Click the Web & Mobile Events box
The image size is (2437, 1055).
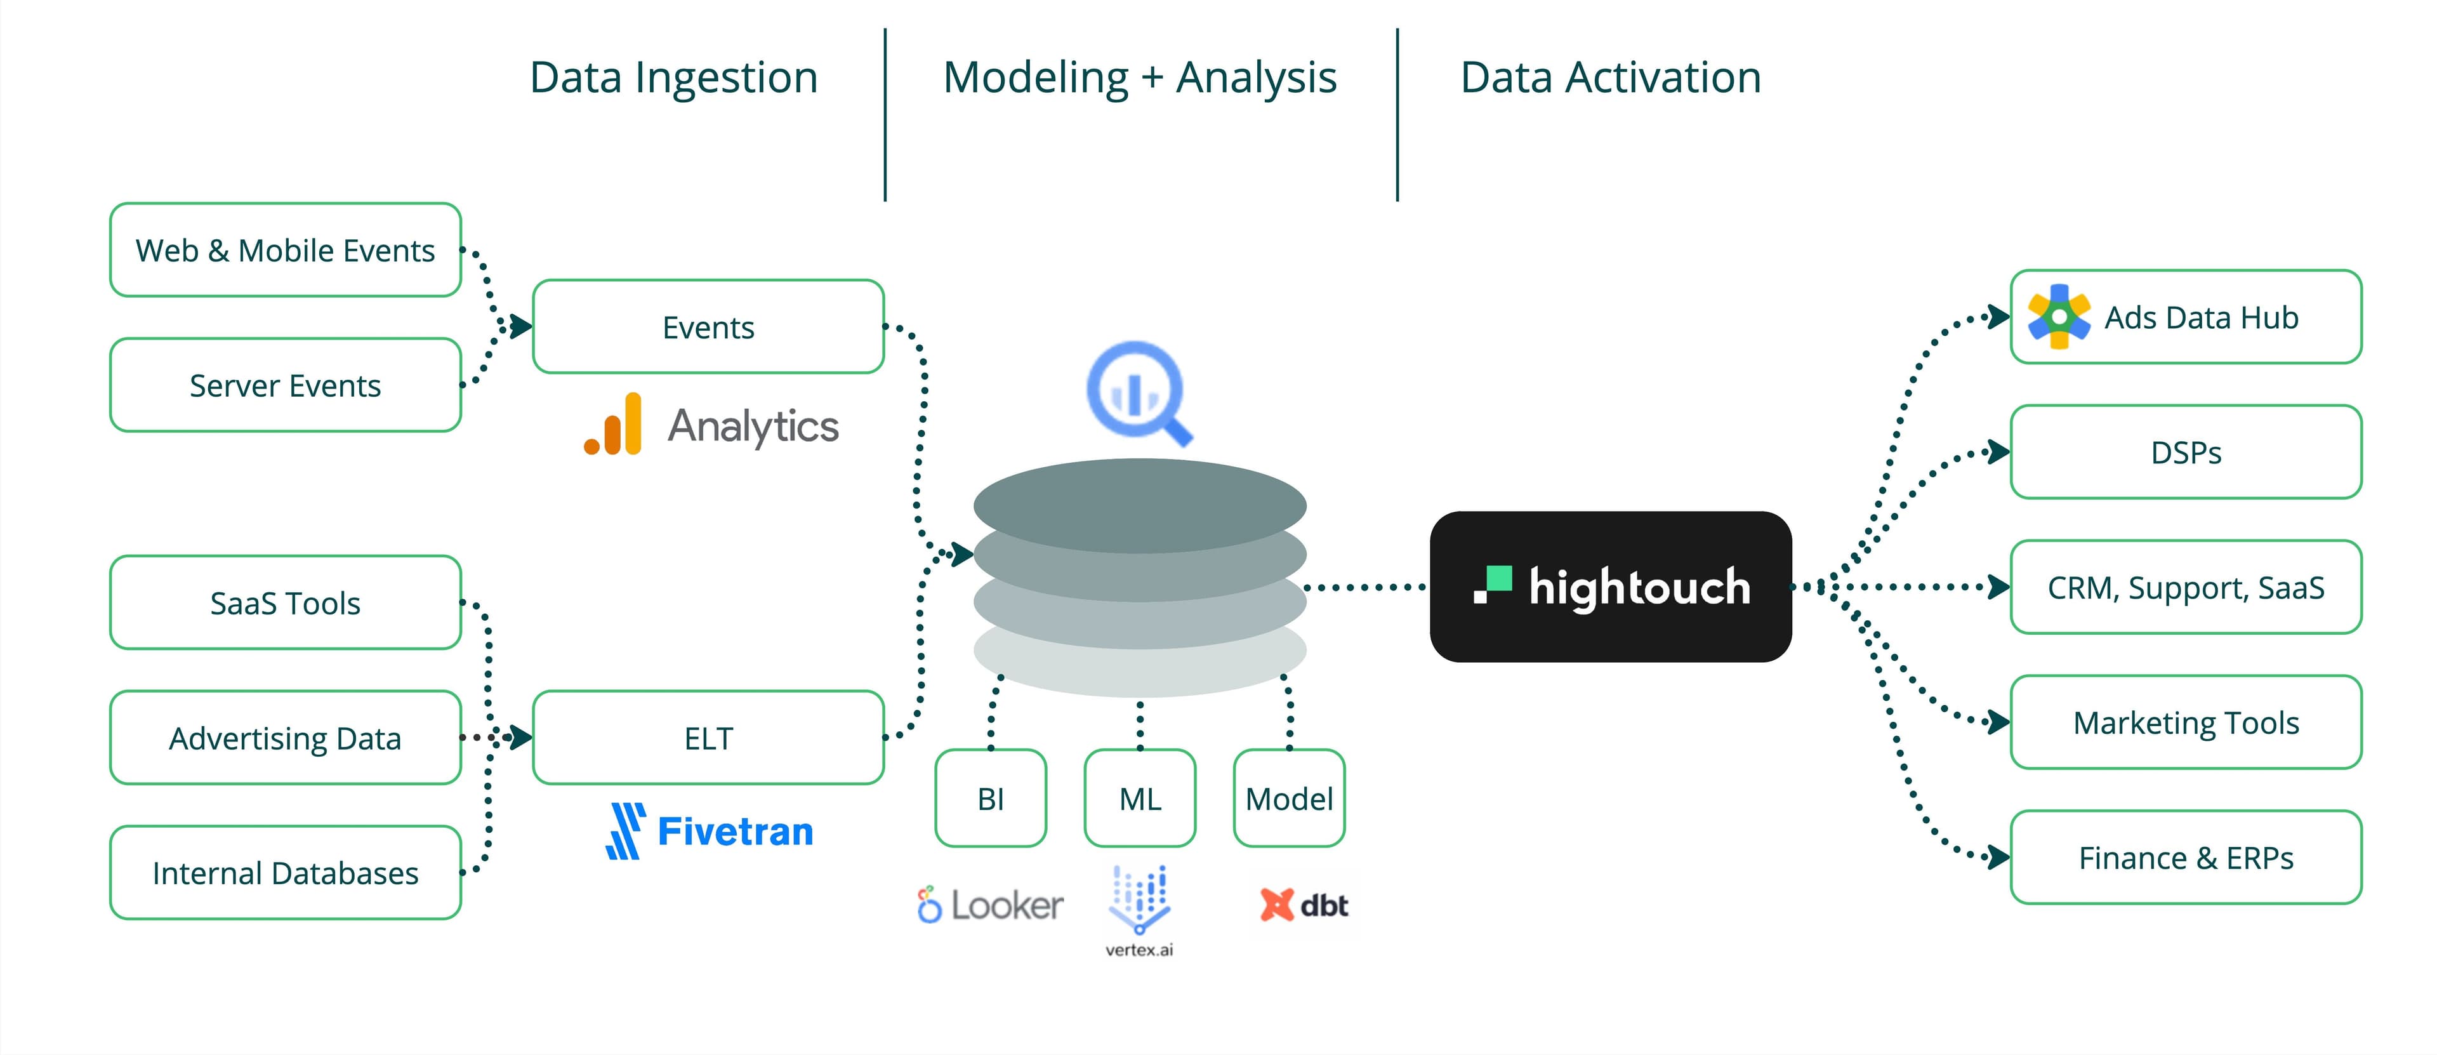click(285, 250)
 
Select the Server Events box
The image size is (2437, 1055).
click(285, 385)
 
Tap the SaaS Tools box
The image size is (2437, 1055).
click(285, 603)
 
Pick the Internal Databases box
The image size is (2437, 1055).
click(285, 872)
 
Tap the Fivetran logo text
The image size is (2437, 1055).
click(735, 832)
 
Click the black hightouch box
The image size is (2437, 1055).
click(1610, 587)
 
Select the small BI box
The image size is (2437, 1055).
click(991, 799)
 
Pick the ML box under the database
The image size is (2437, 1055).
click(1140, 799)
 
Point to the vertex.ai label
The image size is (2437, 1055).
click(1139, 949)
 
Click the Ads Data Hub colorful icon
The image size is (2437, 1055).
click(2057, 317)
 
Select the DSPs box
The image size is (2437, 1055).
click(2185, 452)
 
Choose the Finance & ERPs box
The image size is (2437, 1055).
click(2185, 857)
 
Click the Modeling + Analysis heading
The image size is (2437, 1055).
click(1139, 77)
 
